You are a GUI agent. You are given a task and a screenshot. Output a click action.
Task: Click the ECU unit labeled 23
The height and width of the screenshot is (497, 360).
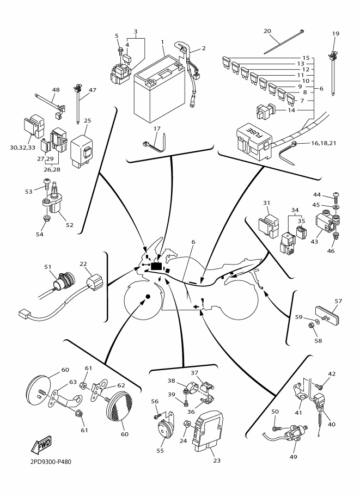click(208, 433)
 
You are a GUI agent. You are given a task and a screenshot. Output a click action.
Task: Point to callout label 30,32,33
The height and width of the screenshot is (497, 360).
click(22, 146)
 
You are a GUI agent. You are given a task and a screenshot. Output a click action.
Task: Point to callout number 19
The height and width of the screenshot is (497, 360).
click(335, 34)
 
